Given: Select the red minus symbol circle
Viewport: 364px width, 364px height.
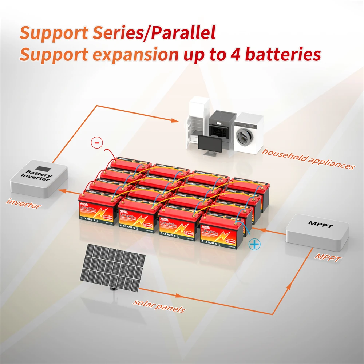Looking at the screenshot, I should [96, 142].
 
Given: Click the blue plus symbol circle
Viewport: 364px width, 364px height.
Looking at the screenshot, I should [255, 244].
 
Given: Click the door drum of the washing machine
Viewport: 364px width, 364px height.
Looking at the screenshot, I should [244, 137].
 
